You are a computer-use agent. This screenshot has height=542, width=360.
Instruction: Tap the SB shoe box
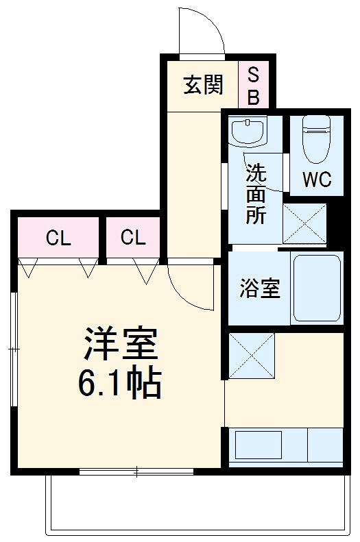click(x=253, y=85)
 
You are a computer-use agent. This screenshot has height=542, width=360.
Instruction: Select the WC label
click(x=317, y=180)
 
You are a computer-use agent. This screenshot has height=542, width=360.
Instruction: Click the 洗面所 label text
click(x=256, y=194)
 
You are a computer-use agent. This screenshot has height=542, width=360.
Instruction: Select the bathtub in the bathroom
click(x=316, y=288)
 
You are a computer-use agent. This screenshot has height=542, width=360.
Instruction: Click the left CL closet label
click(x=58, y=238)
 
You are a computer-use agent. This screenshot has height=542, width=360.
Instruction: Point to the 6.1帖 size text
click(x=119, y=384)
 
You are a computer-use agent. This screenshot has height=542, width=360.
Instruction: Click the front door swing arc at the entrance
click(x=202, y=31)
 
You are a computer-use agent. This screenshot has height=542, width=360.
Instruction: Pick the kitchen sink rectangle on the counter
click(x=258, y=446)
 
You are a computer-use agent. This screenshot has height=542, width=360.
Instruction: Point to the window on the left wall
click(x=13, y=349)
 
